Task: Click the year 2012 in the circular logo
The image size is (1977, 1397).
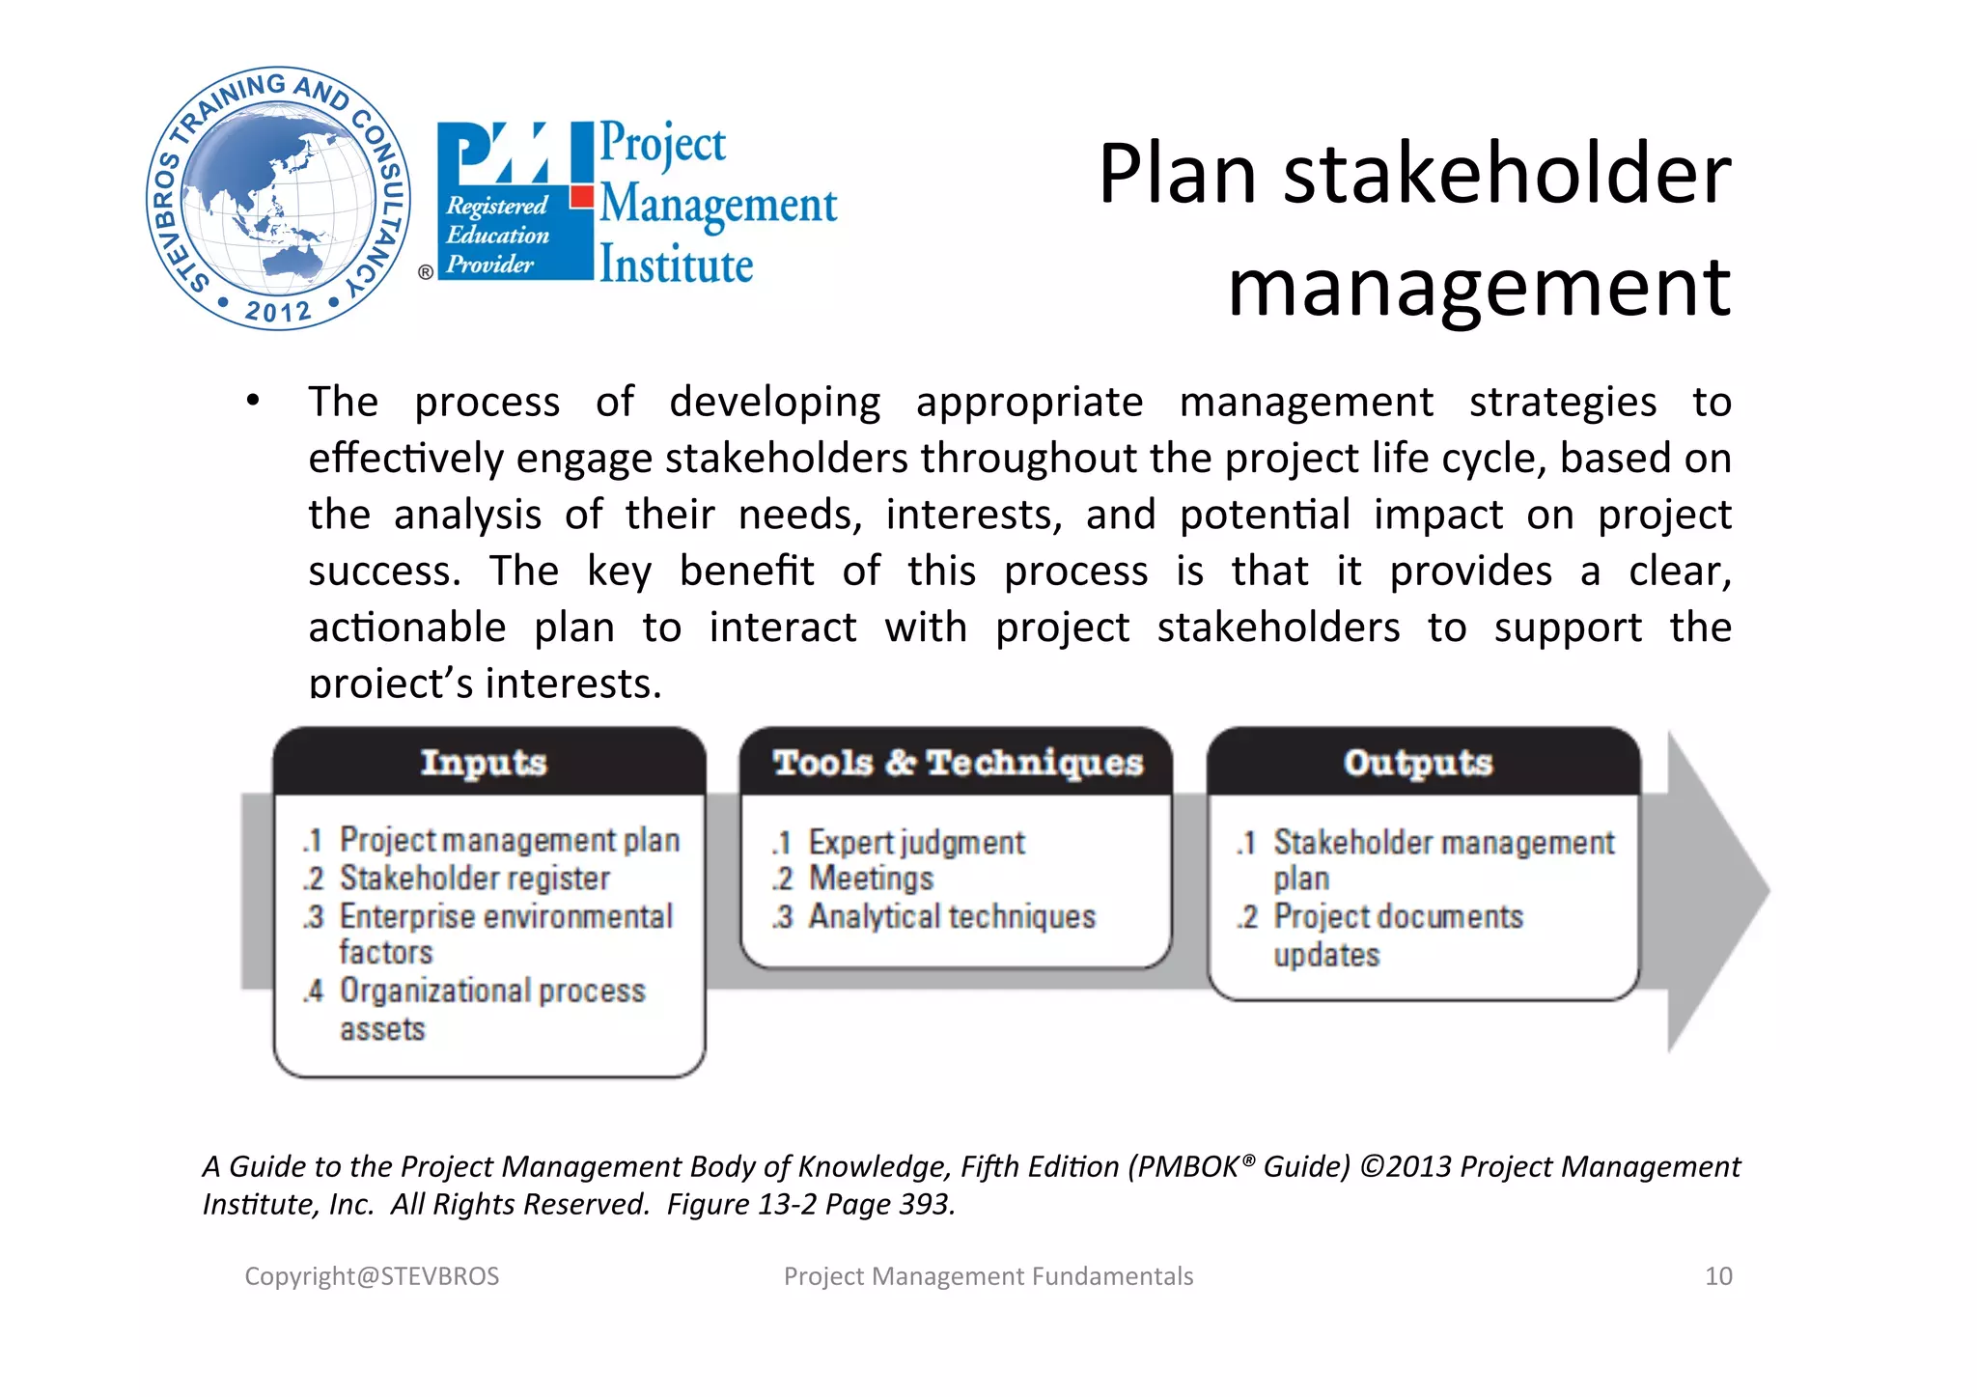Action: [278, 311]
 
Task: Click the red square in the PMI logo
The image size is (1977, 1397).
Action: [581, 197]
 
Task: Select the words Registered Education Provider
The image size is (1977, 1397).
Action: [496, 235]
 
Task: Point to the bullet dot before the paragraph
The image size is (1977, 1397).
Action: [253, 401]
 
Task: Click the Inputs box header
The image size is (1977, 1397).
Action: [485, 763]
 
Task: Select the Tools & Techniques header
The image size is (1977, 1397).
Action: [958, 763]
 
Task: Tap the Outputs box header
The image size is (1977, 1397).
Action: [1419, 763]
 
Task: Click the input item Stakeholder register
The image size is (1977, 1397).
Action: [474, 879]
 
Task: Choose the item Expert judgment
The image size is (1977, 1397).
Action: [916, 843]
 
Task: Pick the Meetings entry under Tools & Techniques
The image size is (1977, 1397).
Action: [871, 879]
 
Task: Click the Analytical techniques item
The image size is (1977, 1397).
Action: [952, 916]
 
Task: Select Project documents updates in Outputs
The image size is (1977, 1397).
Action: [1397, 934]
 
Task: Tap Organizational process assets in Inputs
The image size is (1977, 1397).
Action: [491, 1009]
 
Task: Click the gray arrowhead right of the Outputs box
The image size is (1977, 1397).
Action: [1713, 891]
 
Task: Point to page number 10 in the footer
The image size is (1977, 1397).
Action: [1718, 1276]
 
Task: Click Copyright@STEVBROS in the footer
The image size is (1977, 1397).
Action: [372, 1276]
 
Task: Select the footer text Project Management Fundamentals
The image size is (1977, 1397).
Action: [988, 1276]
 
